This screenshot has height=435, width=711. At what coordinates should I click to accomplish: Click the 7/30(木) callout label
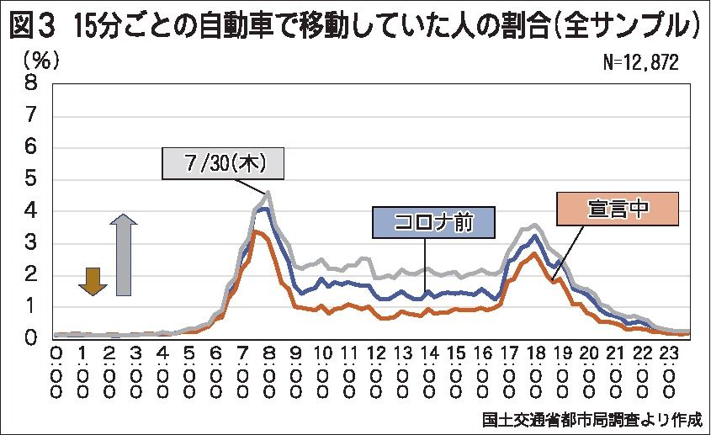[223, 163]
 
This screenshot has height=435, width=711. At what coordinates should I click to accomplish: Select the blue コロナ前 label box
[433, 224]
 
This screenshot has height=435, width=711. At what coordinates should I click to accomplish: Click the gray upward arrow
[124, 254]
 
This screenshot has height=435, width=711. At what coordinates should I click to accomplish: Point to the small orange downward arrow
[93, 280]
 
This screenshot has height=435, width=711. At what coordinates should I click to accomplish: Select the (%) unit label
[41, 60]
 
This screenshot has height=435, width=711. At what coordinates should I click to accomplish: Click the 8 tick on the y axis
[32, 82]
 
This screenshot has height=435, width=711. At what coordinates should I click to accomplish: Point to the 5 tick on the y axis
[32, 178]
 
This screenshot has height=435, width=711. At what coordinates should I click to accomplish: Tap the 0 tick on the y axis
[32, 338]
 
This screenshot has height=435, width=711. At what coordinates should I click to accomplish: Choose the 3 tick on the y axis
[32, 242]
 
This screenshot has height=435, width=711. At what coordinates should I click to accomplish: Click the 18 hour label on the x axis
[534, 354]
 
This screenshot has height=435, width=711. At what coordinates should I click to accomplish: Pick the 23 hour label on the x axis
[666, 354]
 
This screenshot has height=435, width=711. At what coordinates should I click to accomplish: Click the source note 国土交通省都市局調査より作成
[592, 418]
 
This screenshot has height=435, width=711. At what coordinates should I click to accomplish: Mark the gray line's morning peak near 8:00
[268, 193]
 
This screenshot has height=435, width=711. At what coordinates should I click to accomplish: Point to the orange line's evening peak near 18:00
[533, 253]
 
